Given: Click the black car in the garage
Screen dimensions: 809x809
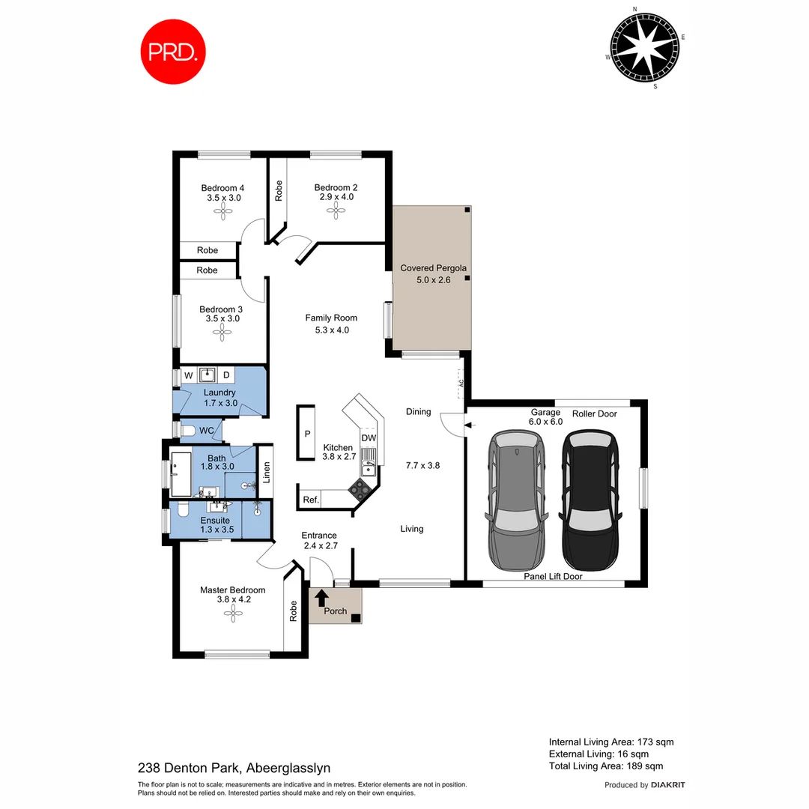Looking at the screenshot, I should point(592,500).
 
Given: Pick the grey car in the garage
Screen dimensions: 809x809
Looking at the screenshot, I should point(517,500).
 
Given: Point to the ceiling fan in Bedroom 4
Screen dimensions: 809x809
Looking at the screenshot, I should point(222,213).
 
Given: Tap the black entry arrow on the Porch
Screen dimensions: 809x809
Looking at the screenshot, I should point(321,598).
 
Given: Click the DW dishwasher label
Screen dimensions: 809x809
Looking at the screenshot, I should point(369,438).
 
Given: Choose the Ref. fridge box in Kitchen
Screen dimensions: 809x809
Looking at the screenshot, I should point(311,500).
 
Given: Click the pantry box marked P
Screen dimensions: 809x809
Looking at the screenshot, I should point(307,433).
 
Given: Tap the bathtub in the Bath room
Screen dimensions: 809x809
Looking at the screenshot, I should point(183,473).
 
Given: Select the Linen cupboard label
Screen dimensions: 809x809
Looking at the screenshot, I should point(264,473).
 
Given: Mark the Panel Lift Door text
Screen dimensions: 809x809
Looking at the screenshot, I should point(553,577).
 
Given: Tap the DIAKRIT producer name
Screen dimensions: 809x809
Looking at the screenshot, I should point(668,785).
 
